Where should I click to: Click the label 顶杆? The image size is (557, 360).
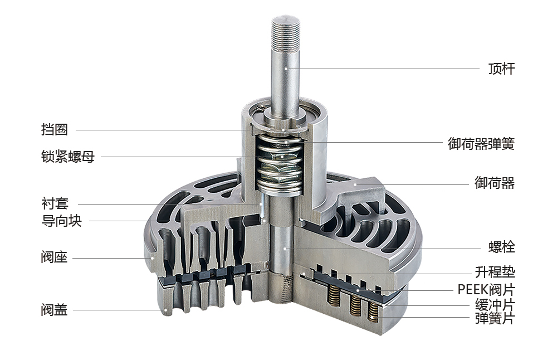[502, 69]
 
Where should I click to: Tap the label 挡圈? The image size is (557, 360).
[55, 129]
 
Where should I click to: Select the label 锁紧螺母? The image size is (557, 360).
[68, 157]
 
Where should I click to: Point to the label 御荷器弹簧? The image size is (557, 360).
[481, 144]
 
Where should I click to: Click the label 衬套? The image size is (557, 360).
[55, 203]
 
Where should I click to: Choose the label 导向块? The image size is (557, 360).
[61, 221]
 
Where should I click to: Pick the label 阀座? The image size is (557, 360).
[55, 257]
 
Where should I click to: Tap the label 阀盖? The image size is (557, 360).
[55, 310]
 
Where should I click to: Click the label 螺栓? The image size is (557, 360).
[502, 247]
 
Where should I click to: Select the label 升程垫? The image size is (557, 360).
[495, 272]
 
